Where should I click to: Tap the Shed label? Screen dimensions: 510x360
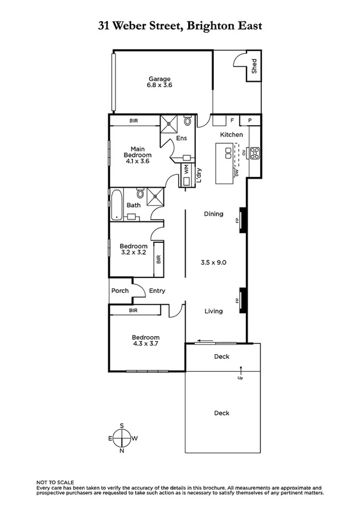click(254, 65)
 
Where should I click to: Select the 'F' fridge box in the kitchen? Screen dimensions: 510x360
click(231, 120)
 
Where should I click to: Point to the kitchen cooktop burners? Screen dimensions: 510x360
click(254, 153)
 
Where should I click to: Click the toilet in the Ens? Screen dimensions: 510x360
click(188, 121)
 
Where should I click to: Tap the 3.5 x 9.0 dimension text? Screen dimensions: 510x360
click(213, 262)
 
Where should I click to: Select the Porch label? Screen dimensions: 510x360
click(120, 291)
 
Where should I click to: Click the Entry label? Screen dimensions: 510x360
click(157, 291)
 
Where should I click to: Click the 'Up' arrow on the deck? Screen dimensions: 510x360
click(240, 372)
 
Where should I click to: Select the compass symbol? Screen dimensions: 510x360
click(121, 438)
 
